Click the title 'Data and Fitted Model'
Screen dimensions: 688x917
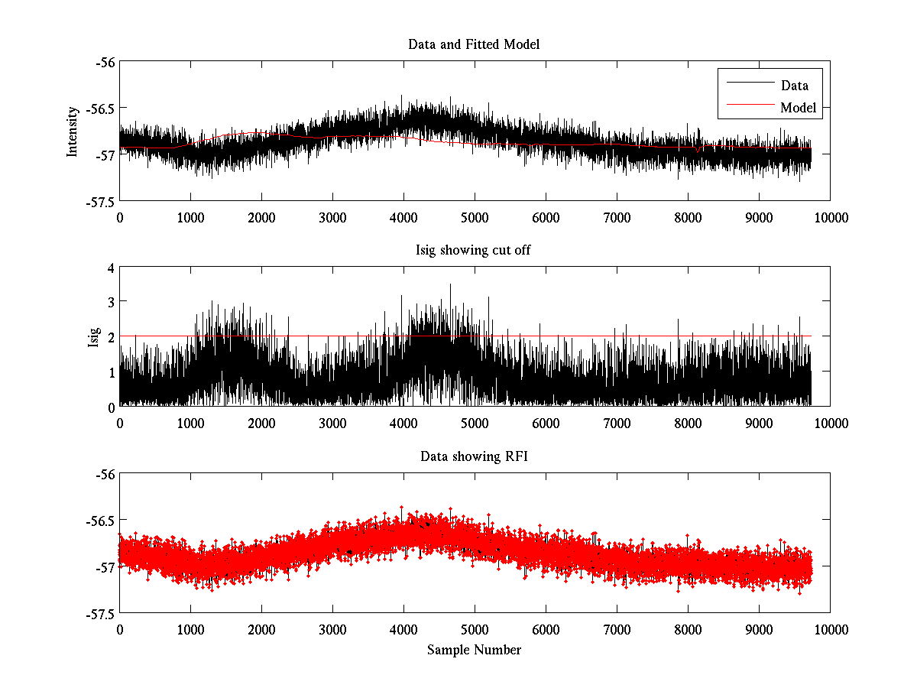[474, 44]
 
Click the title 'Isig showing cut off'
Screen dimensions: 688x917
[474, 251]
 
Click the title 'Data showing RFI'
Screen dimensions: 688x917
[474, 456]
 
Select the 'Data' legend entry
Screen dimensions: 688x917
[794, 86]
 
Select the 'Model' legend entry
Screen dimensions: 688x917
[798, 108]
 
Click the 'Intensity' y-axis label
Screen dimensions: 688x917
[73, 131]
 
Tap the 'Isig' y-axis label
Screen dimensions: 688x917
[94, 337]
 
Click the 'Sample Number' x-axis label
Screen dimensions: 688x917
[474, 650]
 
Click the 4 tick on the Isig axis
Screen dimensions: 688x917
[112, 268]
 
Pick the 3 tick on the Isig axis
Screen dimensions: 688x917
[112, 303]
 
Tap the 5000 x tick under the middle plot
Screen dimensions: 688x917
[475, 424]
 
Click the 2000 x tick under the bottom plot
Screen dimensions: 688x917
[261, 629]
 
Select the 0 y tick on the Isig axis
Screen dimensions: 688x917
[112, 407]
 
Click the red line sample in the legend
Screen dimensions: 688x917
[749, 108]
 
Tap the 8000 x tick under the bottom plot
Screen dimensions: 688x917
[688, 629]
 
